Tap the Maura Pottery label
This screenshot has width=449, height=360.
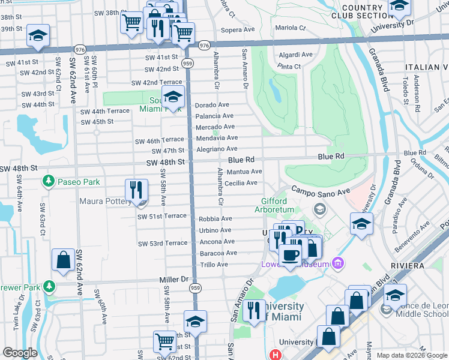click(106, 202)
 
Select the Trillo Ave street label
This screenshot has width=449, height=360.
click(214, 264)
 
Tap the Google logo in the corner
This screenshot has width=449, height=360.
click(20, 353)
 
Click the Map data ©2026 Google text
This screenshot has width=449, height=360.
click(412, 355)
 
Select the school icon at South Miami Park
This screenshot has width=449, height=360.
click(173, 97)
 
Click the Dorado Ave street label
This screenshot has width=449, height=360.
click(212, 104)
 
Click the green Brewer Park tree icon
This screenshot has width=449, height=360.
click(49, 287)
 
